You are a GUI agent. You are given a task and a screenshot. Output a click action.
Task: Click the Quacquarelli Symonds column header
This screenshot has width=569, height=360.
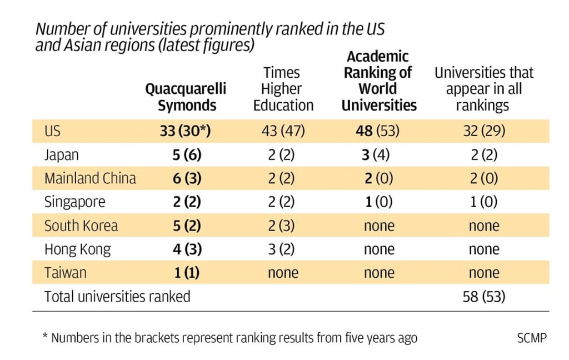click(x=186, y=97)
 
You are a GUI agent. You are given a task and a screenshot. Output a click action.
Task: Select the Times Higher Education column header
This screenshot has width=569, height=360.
click(x=283, y=89)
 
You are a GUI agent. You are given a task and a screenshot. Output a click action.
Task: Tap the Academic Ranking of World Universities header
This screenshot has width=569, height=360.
click(x=378, y=81)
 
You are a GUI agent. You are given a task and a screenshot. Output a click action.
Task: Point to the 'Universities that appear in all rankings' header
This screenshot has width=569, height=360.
click(x=483, y=89)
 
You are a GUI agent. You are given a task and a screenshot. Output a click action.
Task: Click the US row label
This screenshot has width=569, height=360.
click(x=53, y=132)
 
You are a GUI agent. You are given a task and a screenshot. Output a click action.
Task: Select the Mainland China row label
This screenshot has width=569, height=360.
click(x=90, y=178)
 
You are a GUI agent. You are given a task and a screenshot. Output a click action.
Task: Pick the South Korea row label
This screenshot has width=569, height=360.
click(x=81, y=226)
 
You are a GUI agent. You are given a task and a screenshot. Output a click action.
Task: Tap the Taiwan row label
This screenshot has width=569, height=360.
click(x=66, y=273)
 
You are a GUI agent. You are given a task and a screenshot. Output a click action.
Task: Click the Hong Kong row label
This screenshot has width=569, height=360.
click(x=77, y=249)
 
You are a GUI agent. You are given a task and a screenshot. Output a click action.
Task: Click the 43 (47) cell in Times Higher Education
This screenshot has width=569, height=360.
click(x=283, y=132)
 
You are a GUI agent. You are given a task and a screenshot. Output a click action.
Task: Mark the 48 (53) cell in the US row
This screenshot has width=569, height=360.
click(x=378, y=132)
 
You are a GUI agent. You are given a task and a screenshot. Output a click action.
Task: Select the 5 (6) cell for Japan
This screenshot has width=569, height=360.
click(x=186, y=155)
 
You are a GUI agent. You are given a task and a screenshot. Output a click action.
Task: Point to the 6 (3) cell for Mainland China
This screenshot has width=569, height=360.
click(x=186, y=178)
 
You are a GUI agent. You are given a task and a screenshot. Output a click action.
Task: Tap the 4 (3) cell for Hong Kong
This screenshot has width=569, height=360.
click(x=186, y=249)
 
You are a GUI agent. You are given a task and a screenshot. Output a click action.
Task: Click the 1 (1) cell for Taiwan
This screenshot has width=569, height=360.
click(x=186, y=273)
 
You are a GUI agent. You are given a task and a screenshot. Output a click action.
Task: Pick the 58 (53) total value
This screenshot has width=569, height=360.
click(x=483, y=297)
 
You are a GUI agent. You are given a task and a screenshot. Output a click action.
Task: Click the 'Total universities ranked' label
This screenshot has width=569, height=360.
click(x=117, y=297)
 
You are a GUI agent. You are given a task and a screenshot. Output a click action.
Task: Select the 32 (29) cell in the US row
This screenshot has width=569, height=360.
click(x=483, y=132)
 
